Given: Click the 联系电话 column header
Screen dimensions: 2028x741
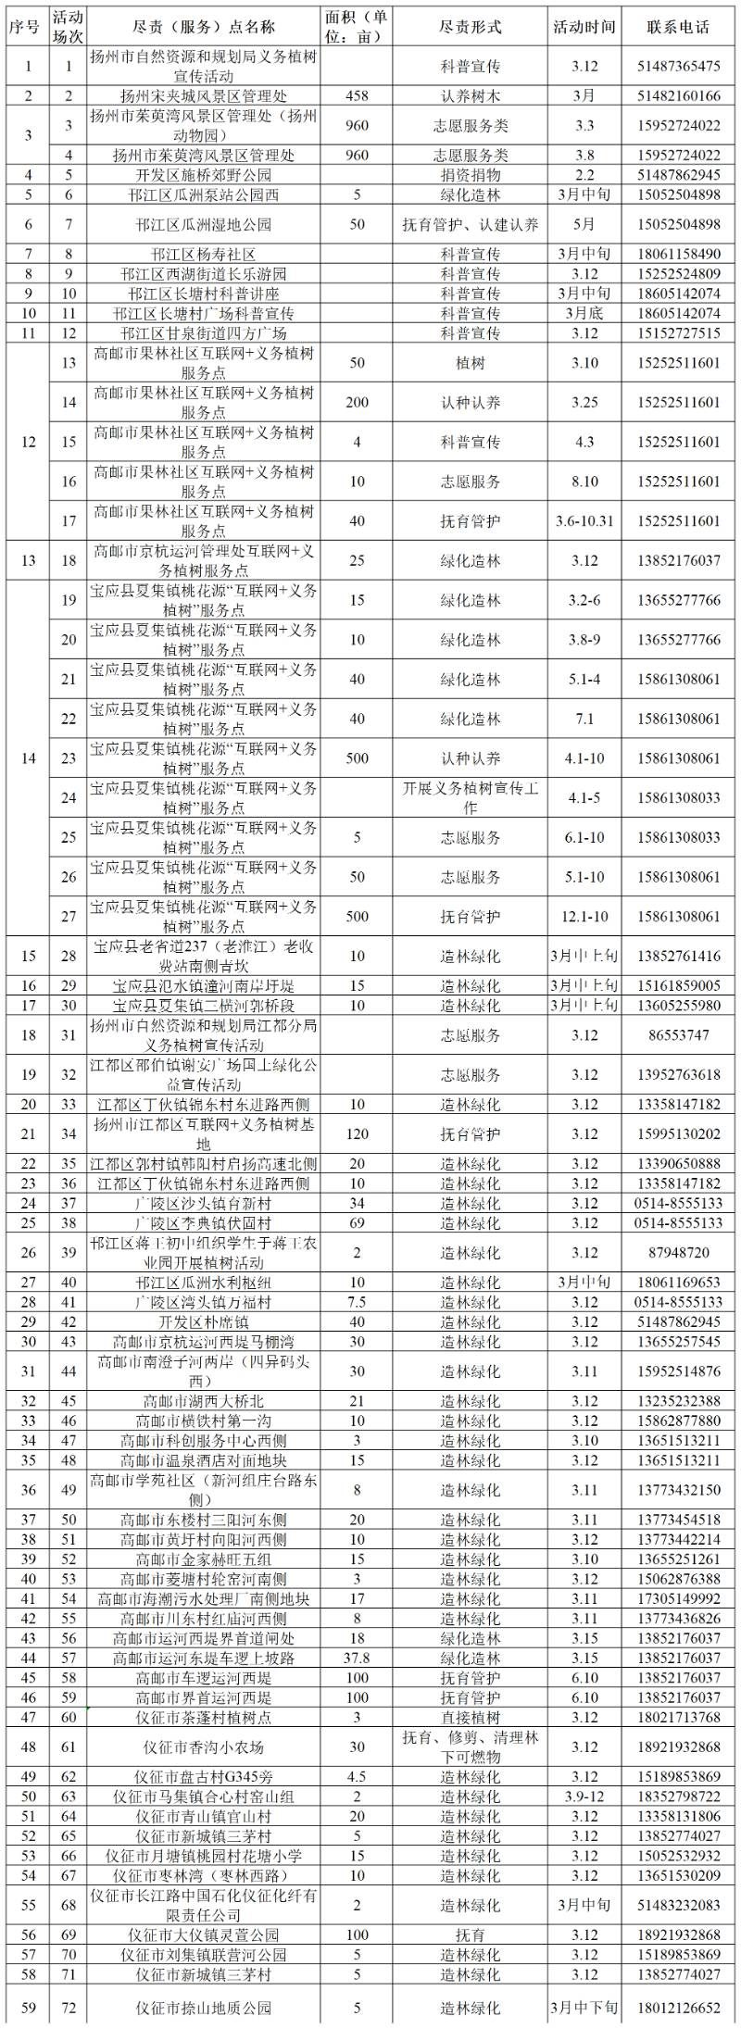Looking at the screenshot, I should click(x=678, y=26).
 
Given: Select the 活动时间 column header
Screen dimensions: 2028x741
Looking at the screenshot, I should click(x=584, y=26).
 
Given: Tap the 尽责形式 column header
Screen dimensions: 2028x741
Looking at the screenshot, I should click(x=470, y=26).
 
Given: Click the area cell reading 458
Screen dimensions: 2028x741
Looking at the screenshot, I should click(x=357, y=95).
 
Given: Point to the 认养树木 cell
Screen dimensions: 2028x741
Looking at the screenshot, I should click(x=470, y=95).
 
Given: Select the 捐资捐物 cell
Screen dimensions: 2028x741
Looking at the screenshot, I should click(x=470, y=174).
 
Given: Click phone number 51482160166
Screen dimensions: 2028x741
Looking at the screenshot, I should click(x=678, y=95).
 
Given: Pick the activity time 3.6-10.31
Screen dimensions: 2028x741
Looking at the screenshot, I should click(x=584, y=520).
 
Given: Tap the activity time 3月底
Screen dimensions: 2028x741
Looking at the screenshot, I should click(x=584, y=313).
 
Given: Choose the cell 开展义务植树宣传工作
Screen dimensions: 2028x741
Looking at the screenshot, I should click(x=470, y=797).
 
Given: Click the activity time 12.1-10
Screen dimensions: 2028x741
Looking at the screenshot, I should click(x=584, y=916).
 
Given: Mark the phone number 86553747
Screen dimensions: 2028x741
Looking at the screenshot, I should click(x=678, y=1035).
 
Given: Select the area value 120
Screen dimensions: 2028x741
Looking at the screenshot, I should click(x=357, y=1133).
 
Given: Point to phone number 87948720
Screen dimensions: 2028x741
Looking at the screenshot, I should click(x=678, y=1252).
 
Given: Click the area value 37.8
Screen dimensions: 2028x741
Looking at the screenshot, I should click(x=357, y=1658).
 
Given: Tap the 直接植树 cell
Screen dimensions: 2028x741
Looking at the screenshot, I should click(x=470, y=1717).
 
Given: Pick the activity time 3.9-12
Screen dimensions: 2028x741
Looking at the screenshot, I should click(x=584, y=1796).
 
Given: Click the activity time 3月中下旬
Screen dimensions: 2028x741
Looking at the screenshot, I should click(x=584, y=2008).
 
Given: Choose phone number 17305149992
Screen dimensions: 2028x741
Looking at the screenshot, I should click(x=678, y=1598).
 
